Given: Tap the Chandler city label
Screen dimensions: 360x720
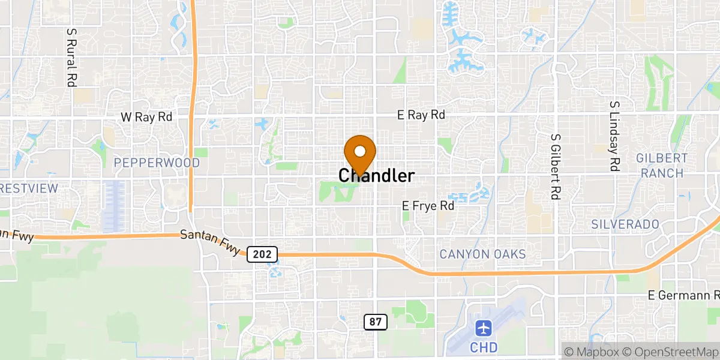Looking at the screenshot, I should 376,176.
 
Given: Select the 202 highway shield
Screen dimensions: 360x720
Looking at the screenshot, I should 262,254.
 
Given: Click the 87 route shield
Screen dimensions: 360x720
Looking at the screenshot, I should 376,322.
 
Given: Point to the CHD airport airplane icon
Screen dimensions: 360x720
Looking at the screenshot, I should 484,328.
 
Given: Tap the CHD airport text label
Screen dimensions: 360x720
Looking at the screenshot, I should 483,347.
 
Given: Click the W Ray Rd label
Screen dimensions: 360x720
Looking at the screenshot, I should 146,117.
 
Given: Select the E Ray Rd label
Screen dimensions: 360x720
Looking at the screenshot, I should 421,115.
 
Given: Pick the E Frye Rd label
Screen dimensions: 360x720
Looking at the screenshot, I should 428,206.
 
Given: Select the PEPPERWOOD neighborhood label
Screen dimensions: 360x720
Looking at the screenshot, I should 157,163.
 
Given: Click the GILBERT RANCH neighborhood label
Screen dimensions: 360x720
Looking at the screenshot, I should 662,166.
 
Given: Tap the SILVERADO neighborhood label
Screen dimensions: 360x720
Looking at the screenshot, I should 625,224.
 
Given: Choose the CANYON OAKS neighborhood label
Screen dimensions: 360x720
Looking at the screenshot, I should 482,254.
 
